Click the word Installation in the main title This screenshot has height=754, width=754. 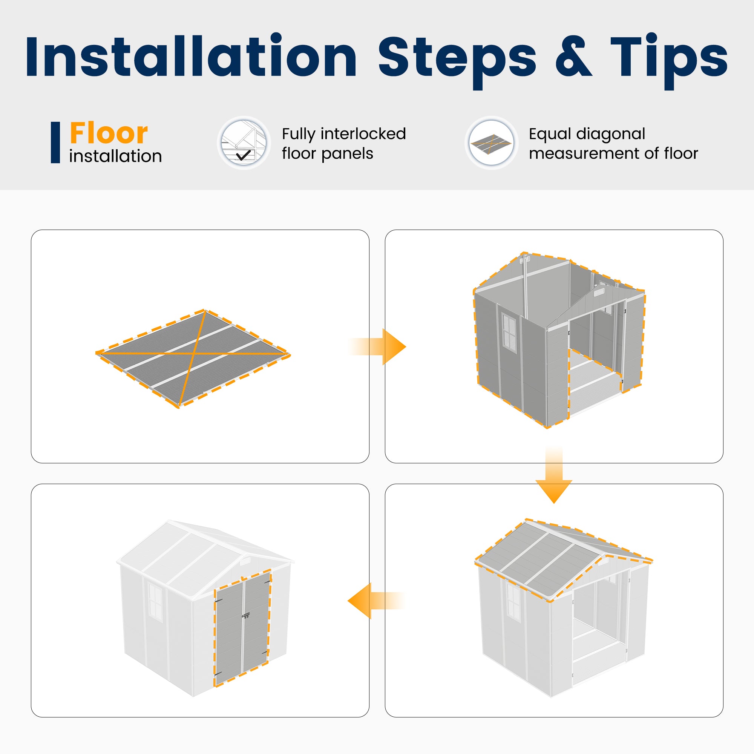(191, 57)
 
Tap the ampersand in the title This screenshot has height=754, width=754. (573, 57)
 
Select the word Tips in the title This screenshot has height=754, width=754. (669, 60)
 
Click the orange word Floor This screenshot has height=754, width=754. (109, 133)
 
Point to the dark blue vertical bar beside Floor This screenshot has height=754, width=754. (55, 143)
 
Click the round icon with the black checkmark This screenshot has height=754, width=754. (244, 143)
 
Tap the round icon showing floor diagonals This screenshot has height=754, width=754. (491, 143)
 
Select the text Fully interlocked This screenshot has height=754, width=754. (344, 134)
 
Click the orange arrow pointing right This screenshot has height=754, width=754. (377, 346)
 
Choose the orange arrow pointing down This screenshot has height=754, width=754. (554, 475)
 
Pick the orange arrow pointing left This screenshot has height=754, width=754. (376, 601)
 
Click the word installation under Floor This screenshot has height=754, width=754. (115, 156)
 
